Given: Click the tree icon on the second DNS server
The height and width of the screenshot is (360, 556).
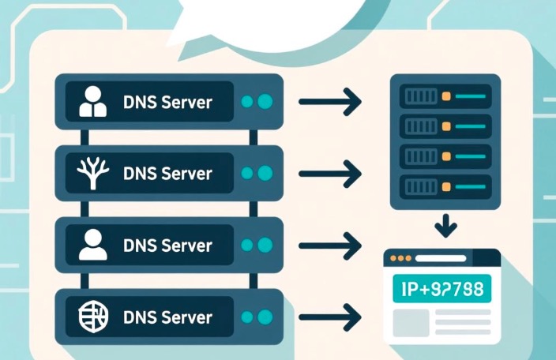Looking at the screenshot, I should click(x=92, y=173).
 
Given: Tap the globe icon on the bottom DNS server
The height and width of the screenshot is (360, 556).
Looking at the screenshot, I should click(x=92, y=317).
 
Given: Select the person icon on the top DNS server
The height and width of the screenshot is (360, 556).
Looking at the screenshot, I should click(x=93, y=102).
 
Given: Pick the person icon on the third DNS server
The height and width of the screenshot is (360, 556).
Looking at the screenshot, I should click(x=93, y=246).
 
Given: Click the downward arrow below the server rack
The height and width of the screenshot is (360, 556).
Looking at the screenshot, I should click(x=445, y=227).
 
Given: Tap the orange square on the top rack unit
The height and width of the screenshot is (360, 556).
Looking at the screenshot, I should click(x=446, y=96).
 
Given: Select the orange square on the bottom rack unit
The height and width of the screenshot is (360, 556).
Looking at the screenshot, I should click(x=446, y=186).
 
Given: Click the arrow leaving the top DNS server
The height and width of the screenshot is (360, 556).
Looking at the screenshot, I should click(x=329, y=101).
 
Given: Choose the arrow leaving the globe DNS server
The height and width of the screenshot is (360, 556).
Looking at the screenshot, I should click(x=329, y=317).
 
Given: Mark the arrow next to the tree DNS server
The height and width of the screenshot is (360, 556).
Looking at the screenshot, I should click(x=329, y=173).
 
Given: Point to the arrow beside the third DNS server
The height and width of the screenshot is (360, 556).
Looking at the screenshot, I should click(x=329, y=246).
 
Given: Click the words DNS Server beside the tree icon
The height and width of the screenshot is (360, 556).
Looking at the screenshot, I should click(x=168, y=173).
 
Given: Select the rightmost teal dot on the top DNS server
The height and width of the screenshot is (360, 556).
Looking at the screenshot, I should click(x=265, y=102).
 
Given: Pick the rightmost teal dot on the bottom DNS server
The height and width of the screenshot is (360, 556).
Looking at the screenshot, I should click(x=265, y=317).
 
